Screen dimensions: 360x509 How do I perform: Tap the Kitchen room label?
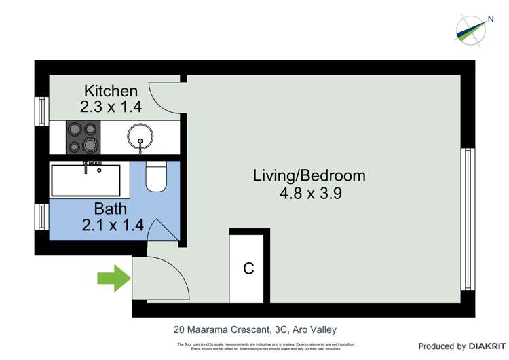pos(111,90)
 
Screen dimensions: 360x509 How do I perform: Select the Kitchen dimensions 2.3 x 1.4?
pos(111,107)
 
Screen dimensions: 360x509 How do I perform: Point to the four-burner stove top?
pos(81,137)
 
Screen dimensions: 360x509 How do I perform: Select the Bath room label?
pos(111,209)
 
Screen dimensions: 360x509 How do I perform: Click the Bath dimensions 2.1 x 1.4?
pos(112,226)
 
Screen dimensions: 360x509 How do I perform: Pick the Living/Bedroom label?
pos(309,176)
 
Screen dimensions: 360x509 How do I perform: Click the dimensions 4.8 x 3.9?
pos(309,193)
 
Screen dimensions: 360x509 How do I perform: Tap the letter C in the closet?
pos(249,268)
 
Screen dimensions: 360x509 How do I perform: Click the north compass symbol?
pos(469,29)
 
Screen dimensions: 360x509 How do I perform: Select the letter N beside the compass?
pos(489,20)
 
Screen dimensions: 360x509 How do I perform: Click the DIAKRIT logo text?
pos(488,346)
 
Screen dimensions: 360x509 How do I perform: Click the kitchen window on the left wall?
pos(41,111)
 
